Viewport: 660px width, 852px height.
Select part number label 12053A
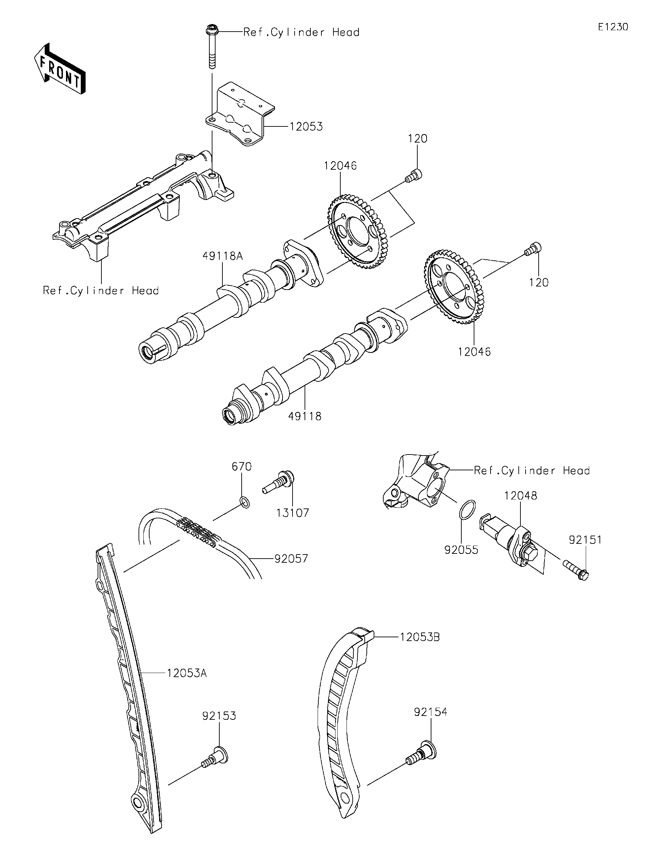coord(187,673)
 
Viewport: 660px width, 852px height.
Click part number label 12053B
coord(420,637)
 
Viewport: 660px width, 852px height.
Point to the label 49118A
coord(222,256)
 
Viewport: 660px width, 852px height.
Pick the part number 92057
coord(291,559)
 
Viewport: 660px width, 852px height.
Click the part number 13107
coord(293,513)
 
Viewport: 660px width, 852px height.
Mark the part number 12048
coord(521,496)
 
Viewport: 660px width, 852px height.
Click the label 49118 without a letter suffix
coord(305,416)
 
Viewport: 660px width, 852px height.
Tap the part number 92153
coord(219,716)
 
